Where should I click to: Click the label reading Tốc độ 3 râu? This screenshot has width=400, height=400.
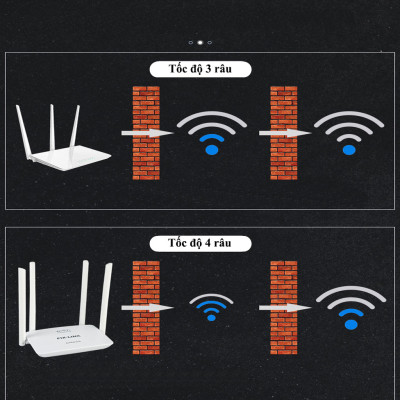click(x=200, y=70)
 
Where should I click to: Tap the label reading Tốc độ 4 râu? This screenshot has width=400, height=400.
click(x=200, y=243)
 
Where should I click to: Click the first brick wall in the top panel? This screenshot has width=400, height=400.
click(x=146, y=132)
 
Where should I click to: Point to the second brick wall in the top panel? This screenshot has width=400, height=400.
click(x=284, y=132)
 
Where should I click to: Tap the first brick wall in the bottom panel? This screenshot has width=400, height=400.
click(x=146, y=306)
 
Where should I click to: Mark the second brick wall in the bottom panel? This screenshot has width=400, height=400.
click(x=284, y=306)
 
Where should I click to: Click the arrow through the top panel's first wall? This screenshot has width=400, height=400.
click(x=146, y=132)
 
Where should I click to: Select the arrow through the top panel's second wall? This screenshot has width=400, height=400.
click(x=283, y=132)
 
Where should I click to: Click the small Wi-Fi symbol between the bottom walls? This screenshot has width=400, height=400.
click(x=211, y=307)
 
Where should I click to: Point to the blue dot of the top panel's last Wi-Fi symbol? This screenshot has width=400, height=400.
click(x=349, y=149)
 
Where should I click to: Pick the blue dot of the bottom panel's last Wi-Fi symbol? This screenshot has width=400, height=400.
click(x=350, y=323)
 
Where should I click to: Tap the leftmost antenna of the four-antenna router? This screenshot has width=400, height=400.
click(x=22, y=300)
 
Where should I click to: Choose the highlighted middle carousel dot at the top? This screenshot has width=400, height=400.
click(x=200, y=42)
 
